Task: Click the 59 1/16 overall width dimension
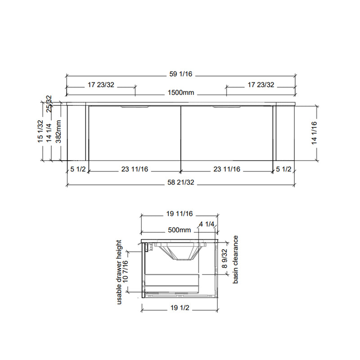(x=181, y=74)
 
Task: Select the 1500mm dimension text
(x=181, y=93)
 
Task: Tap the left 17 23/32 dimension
(x=101, y=85)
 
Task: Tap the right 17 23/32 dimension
(x=261, y=85)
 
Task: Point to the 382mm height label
(x=58, y=131)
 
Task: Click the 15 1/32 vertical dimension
(x=40, y=131)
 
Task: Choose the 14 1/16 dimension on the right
(x=314, y=133)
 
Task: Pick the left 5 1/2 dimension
(x=78, y=170)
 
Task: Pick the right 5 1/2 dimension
(x=283, y=170)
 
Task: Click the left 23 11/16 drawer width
(x=135, y=170)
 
